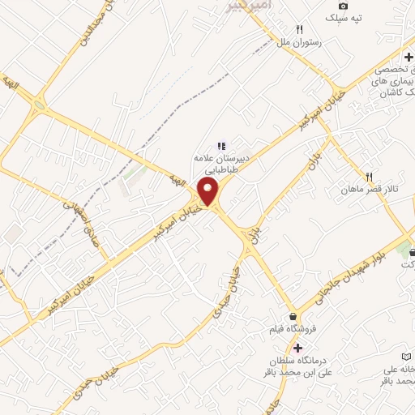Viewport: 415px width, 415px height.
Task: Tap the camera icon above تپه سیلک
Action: pyautogui.click(x=344, y=6)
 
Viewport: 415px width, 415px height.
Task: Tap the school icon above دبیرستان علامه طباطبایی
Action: pyautogui.click(x=220, y=145)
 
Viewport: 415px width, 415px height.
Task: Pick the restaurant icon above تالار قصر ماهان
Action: pyautogui.click(x=368, y=176)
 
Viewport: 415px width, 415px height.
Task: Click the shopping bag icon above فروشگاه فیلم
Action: pyautogui.click(x=293, y=317)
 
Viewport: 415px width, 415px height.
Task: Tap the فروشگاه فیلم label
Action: pyautogui.click(x=290, y=331)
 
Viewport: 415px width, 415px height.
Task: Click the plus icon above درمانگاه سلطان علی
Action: pyautogui.click(x=297, y=347)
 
